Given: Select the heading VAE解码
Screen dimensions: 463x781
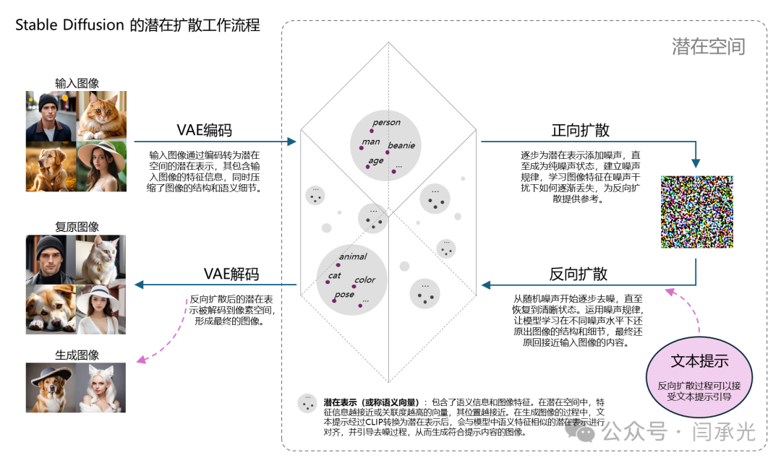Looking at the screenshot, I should (231, 274).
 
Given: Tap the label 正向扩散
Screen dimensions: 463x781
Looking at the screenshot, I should (580, 130).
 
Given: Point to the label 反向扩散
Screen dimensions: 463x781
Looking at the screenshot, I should (579, 274).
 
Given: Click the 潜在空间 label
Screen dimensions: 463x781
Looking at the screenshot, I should (708, 47).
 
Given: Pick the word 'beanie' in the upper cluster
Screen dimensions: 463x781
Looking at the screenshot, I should (401, 146).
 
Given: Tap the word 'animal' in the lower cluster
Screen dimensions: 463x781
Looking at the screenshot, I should (353, 256).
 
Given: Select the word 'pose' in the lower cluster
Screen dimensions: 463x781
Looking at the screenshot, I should (344, 294).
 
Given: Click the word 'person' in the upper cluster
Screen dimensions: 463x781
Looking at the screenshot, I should (386, 122).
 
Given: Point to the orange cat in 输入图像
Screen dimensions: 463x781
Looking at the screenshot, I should (102, 116).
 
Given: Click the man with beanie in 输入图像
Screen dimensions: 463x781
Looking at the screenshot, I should (51, 116).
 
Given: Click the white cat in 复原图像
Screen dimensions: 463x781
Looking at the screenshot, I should (101, 259).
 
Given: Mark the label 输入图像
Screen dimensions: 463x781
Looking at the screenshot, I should (77, 83).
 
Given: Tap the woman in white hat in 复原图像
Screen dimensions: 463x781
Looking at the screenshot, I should (101, 309).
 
